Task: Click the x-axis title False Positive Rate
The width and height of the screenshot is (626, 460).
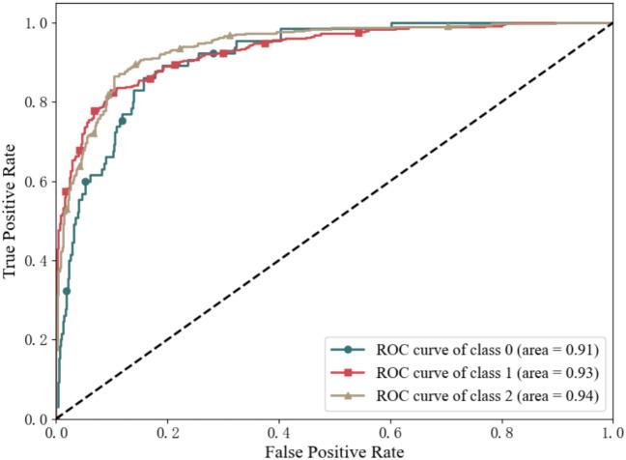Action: tap(333, 449)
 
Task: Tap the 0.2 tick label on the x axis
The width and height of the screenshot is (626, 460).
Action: tap(167, 430)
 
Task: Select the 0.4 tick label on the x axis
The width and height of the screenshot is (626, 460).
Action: tap(278, 430)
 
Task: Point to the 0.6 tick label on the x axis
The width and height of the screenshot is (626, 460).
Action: tap(389, 430)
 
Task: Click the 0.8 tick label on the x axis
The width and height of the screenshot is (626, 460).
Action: tap(500, 430)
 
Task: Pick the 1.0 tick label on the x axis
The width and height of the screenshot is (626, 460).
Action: tap(611, 430)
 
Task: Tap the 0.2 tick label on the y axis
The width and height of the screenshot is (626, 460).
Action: tap(36, 340)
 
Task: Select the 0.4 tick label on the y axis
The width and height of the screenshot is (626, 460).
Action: tap(36, 261)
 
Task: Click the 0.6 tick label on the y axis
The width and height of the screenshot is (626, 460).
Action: tap(36, 182)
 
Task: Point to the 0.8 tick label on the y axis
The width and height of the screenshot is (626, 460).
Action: tap(36, 102)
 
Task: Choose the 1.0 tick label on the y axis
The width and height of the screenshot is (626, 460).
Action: tap(36, 23)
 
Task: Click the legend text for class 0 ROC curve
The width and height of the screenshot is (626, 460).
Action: tap(478, 350)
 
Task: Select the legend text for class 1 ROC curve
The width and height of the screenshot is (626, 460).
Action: tap(478, 372)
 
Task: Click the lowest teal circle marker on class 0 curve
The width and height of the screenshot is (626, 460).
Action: tap(66, 290)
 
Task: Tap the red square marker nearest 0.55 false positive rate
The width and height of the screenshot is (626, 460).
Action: tap(358, 33)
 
